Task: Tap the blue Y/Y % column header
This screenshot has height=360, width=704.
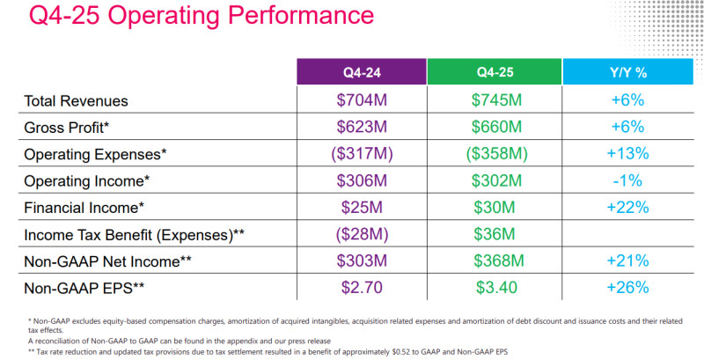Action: (x=628, y=72)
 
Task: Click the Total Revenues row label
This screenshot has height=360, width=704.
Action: (x=77, y=101)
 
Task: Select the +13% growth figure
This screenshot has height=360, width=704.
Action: (x=628, y=154)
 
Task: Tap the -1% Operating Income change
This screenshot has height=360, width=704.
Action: (x=628, y=181)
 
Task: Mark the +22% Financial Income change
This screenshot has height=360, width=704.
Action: (x=628, y=208)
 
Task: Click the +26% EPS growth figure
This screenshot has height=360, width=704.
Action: (x=628, y=288)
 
